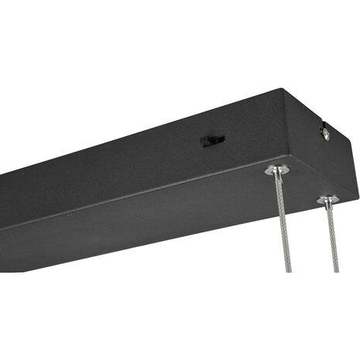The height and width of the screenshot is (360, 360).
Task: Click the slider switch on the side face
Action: [213, 141]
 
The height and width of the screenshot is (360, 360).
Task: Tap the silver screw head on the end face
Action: [325, 136]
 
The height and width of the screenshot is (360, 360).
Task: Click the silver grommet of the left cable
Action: [276, 170]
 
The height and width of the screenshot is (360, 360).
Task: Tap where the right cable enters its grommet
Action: [329, 205]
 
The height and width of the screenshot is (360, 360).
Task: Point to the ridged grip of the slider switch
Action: [209, 141]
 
